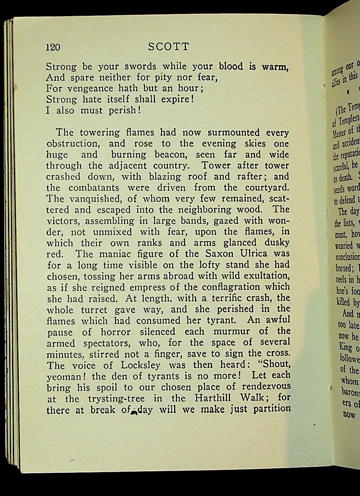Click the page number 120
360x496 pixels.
[53, 47]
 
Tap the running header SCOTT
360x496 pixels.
[169, 47]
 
